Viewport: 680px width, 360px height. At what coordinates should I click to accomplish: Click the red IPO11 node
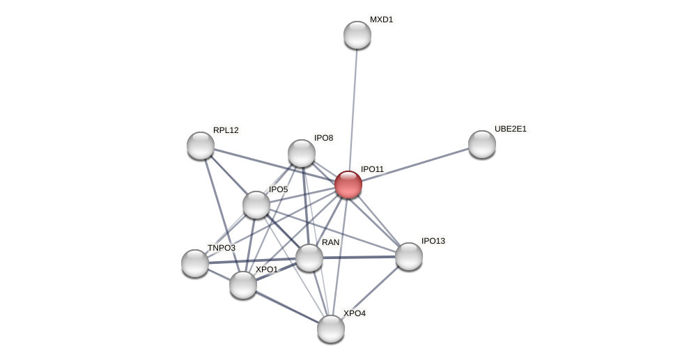(x=348, y=185)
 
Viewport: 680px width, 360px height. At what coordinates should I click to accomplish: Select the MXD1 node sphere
(x=357, y=35)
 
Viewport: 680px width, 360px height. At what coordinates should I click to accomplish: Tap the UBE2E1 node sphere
(x=482, y=144)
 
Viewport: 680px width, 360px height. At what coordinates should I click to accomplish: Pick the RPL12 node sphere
(x=201, y=146)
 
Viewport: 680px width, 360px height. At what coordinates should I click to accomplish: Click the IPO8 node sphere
(x=302, y=153)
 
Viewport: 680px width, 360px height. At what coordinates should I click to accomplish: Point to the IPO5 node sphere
(x=256, y=205)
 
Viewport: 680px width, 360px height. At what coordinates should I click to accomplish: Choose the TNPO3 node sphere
(x=195, y=263)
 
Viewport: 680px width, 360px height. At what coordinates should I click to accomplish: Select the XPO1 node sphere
(x=243, y=285)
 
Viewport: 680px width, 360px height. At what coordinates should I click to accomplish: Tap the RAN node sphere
(x=309, y=258)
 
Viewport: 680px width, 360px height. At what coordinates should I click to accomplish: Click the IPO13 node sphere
(x=409, y=256)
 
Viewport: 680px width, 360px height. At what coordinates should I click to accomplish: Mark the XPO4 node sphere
(x=331, y=329)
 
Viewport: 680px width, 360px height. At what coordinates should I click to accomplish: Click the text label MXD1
(x=381, y=19)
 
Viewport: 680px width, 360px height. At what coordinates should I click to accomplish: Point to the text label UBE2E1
(x=511, y=129)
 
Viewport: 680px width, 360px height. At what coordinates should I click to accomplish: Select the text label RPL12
(x=226, y=130)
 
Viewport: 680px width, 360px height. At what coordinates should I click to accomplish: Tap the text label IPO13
(x=433, y=241)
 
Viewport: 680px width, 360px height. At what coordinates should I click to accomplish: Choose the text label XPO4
(x=354, y=313)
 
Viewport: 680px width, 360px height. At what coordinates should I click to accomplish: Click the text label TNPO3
(x=222, y=248)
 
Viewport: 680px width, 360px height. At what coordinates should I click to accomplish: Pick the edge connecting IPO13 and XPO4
(x=370, y=292)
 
